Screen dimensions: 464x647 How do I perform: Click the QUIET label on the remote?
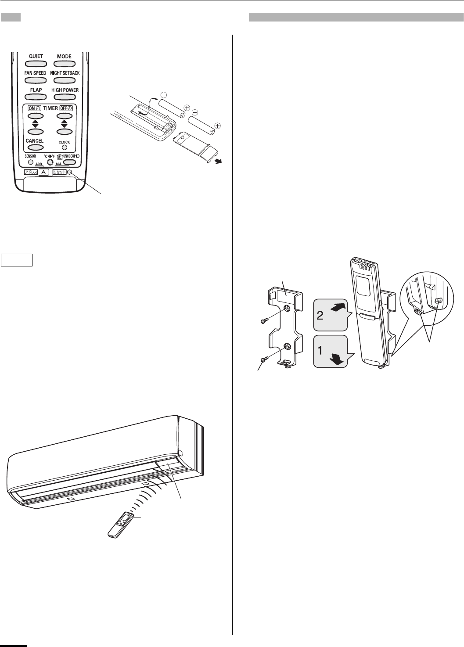tap(36, 56)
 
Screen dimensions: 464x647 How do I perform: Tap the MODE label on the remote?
tap(64, 56)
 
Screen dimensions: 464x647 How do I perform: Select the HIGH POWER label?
tap(65, 90)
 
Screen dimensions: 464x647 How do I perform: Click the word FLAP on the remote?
tap(36, 90)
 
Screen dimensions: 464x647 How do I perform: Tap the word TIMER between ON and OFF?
tap(50, 108)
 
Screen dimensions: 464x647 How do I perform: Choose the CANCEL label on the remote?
tap(35, 141)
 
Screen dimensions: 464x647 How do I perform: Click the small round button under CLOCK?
tap(64, 147)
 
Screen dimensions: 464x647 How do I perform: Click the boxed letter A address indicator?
tap(44, 173)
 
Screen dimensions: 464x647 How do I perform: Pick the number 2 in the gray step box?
tap(320, 316)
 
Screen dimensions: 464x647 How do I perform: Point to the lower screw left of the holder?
tap(264, 359)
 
